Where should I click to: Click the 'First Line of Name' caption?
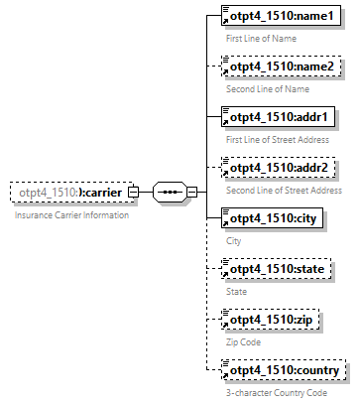pyautogui.click(x=261, y=38)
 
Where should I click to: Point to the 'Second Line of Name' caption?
pyautogui.click(x=267, y=89)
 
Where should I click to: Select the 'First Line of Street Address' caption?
pyautogui.click(x=279, y=140)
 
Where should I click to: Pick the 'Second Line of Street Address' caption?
pyautogui.click(x=285, y=191)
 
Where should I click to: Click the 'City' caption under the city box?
pyautogui.click(x=234, y=241)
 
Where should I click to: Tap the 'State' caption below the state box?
pyautogui.click(x=237, y=292)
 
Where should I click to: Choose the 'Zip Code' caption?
pyautogui.click(x=244, y=342)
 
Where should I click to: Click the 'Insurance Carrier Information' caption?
pyautogui.click(x=70, y=214)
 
